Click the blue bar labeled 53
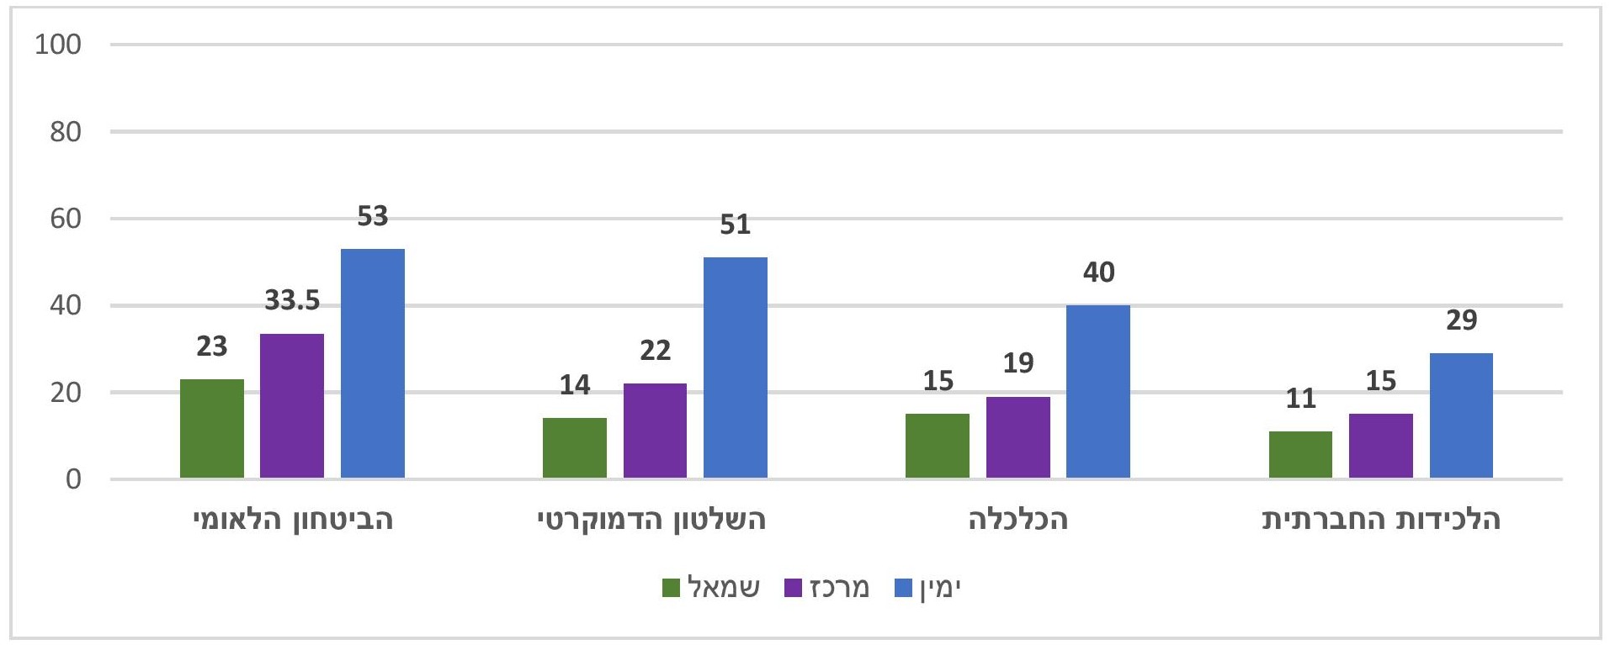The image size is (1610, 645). click(x=372, y=363)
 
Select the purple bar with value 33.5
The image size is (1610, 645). click(x=292, y=405)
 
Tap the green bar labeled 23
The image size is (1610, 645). click(x=212, y=428)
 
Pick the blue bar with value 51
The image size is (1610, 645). click(x=736, y=367)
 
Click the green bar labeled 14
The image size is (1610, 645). click(x=575, y=447)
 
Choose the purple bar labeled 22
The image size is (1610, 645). click(x=655, y=431)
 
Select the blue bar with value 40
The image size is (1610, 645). click(x=1098, y=391)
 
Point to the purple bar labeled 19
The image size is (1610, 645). click(x=1018, y=437)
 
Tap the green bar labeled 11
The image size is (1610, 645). click(x=1300, y=454)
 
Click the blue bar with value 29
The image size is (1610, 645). click(x=1461, y=415)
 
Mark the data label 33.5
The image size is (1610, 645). click(x=292, y=300)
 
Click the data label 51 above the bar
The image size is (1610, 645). click(x=736, y=225)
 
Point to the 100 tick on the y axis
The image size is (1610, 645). click(x=58, y=45)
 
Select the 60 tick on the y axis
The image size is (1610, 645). click(x=66, y=219)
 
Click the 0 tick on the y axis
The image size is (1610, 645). click(x=73, y=479)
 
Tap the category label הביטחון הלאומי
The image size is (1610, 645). click(x=293, y=520)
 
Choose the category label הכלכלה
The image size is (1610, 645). click(x=1018, y=520)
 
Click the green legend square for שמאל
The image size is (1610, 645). click(x=672, y=588)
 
